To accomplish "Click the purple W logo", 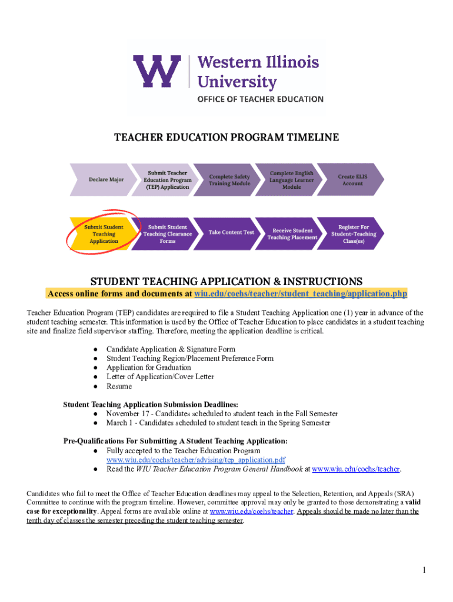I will coord(155,71).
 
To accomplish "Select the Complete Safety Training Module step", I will coord(229,180).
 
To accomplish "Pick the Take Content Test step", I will coord(231,232).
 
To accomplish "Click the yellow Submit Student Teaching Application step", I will coord(104,234).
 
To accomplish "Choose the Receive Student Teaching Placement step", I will coord(292,234).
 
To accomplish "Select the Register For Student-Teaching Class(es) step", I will coord(354,234).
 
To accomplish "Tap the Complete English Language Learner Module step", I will coord(291,180).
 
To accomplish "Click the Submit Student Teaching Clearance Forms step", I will coord(168,234).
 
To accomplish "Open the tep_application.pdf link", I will coord(196,460).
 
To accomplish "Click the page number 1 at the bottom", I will coord(423,570).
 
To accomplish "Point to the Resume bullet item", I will coord(119,386).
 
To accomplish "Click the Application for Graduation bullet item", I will coord(148,367).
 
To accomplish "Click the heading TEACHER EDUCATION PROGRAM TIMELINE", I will coord(226,138).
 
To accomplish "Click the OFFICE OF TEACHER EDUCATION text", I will coord(259,99).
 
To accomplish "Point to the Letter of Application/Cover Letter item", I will coord(160,377).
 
